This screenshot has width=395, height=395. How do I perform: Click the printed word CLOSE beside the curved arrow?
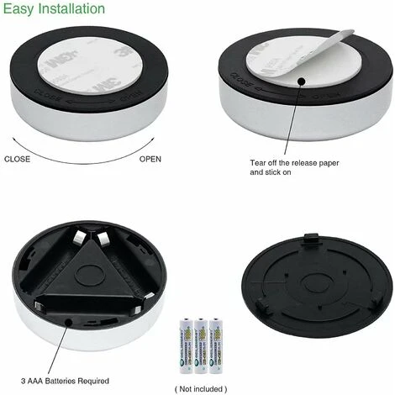[18, 159]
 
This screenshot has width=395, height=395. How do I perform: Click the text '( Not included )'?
[200, 389]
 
